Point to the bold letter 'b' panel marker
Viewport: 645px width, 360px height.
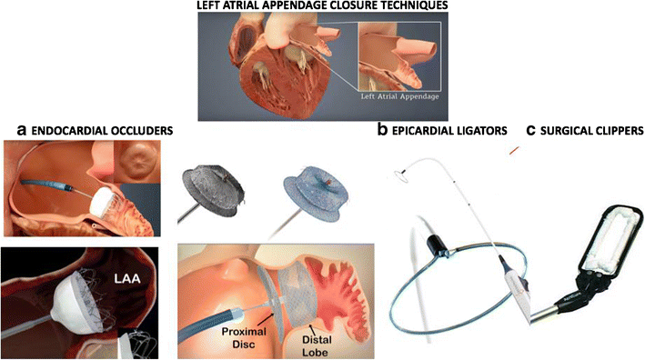click(x=383, y=131)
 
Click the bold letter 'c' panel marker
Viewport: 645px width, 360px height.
click(x=531, y=131)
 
